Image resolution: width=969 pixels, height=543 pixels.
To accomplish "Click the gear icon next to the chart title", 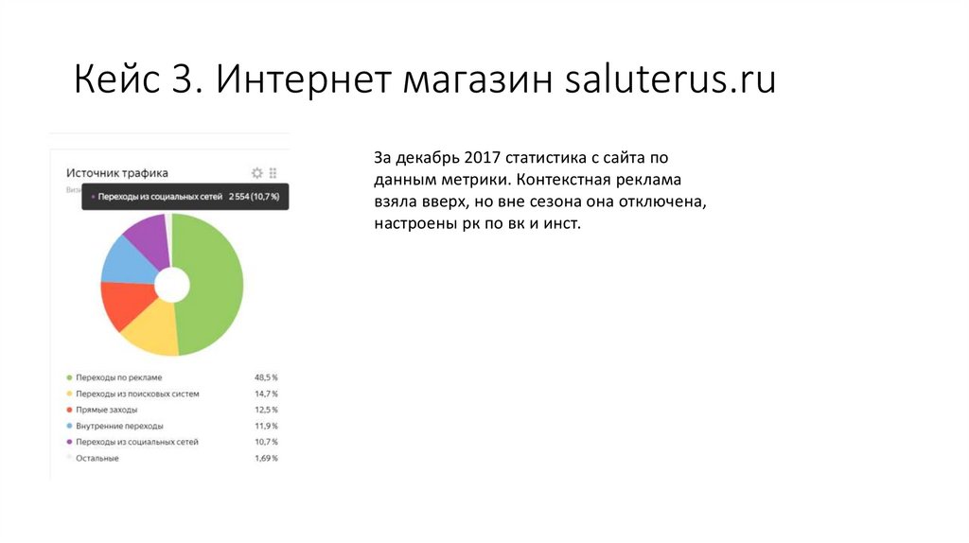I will point(256,173).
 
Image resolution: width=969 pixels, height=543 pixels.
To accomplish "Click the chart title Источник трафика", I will point(117,173).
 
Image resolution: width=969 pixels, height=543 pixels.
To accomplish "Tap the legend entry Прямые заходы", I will point(106,410).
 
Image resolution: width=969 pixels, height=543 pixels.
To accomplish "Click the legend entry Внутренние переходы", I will point(119,426).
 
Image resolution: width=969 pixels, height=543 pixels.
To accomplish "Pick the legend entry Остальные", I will point(97,458).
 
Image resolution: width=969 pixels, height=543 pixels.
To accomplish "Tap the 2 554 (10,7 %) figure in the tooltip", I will point(255,197).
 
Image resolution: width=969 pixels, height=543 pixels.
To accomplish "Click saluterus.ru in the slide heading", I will point(670,80).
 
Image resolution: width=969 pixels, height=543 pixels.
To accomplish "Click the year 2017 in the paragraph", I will point(483,158).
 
